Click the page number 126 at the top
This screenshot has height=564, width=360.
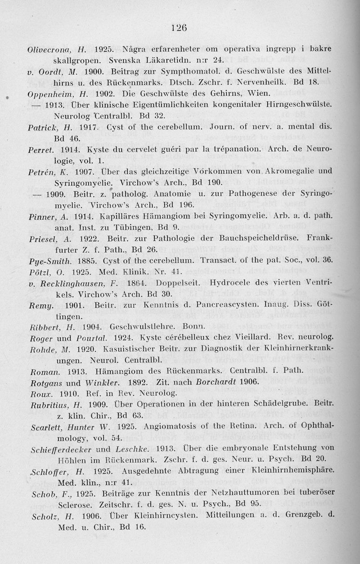pyautogui.click(x=179, y=27)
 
